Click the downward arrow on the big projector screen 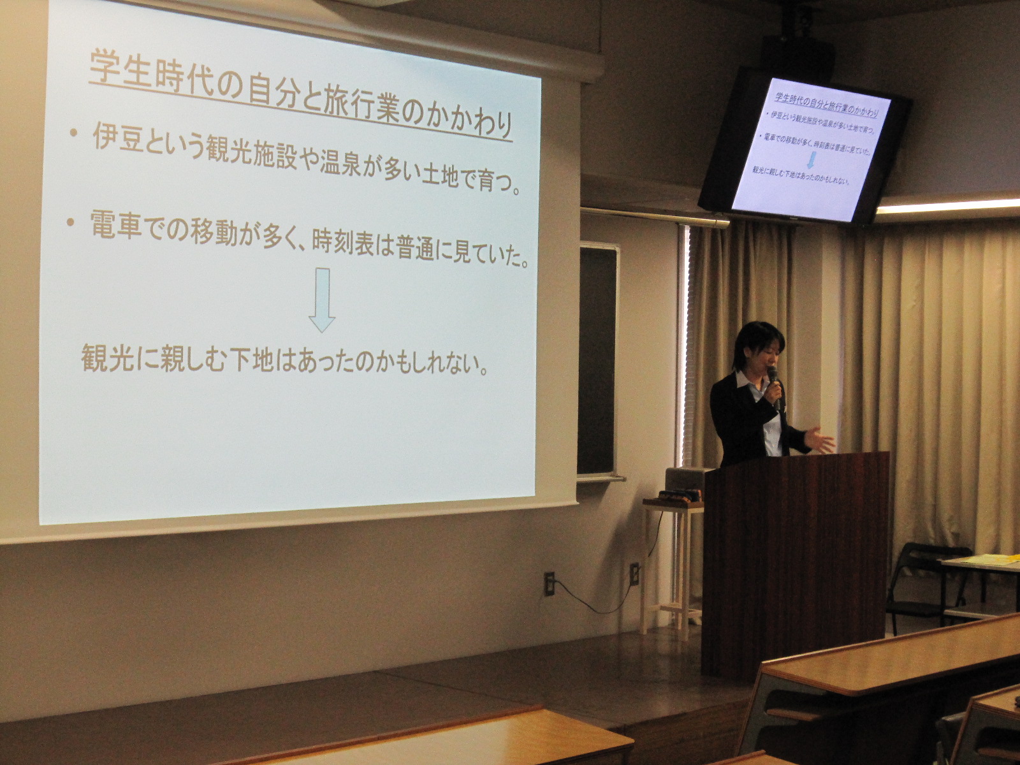click(321, 300)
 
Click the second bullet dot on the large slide click(69, 223)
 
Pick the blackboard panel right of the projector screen click(598, 361)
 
